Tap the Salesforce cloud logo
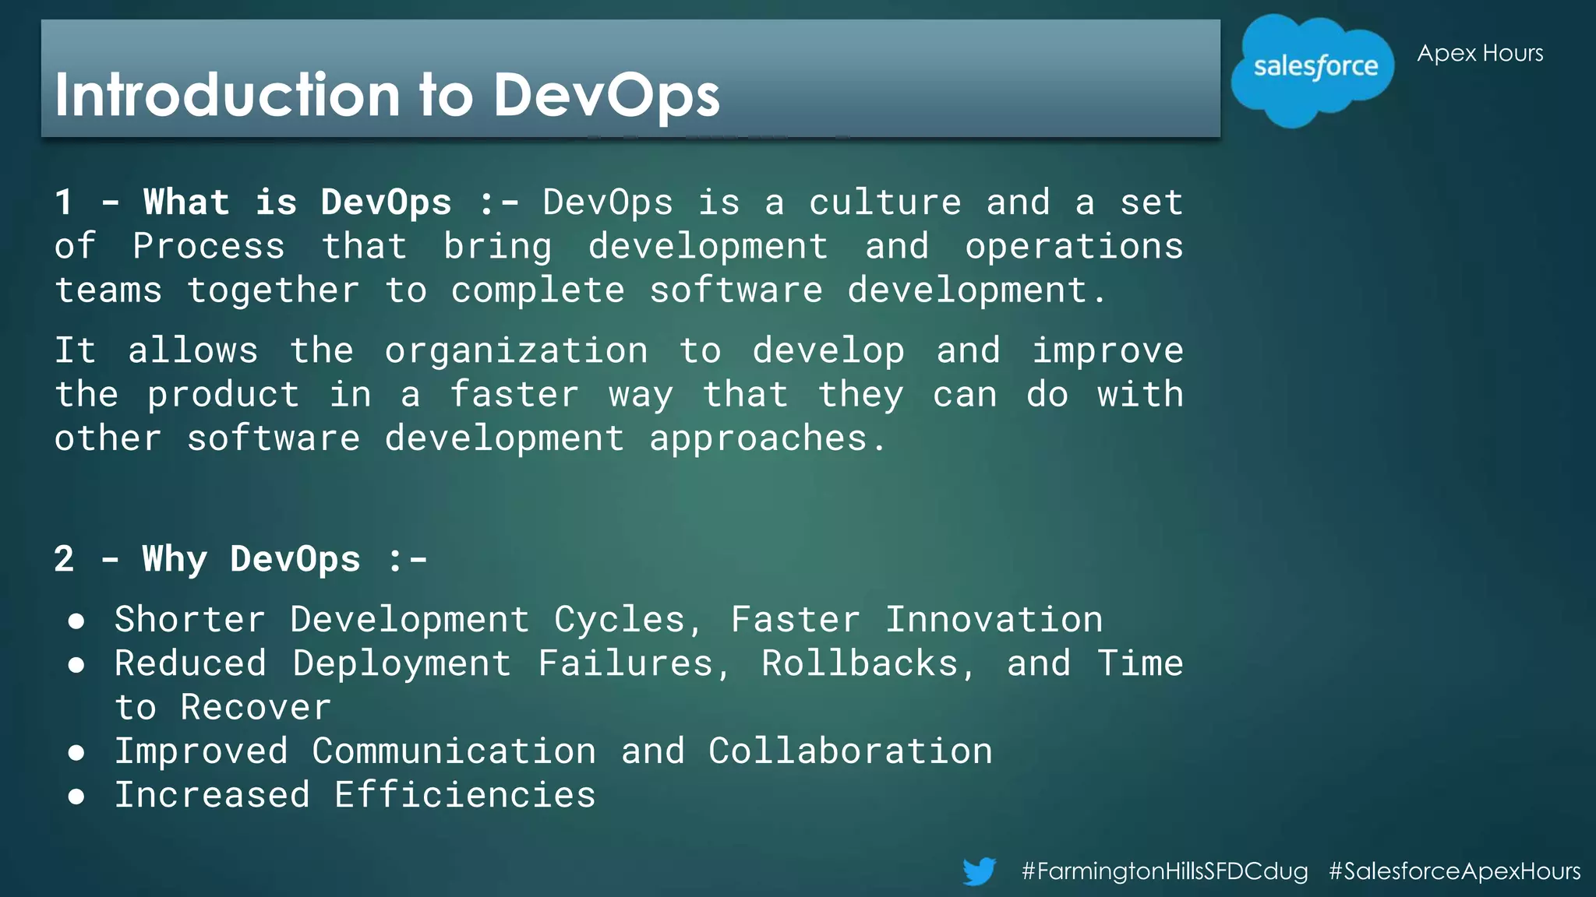click(x=1313, y=69)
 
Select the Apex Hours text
click(x=1480, y=53)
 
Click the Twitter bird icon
click(x=979, y=871)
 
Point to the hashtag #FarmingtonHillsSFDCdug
click(x=1164, y=871)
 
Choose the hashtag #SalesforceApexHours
click(x=1454, y=871)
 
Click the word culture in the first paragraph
click(x=885, y=202)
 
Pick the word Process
click(x=209, y=246)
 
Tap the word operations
click(x=1074, y=246)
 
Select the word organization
click(x=516, y=350)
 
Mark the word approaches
click(x=758, y=438)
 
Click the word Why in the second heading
click(x=175, y=559)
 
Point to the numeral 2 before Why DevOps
click(x=64, y=559)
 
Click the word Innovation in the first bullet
click(x=994, y=620)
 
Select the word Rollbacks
click(x=860, y=663)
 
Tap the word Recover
click(x=256, y=707)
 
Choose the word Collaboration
click(x=850, y=751)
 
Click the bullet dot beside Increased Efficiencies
click(x=76, y=796)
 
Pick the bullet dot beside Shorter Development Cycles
click(x=76, y=621)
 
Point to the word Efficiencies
click(x=464, y=795)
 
